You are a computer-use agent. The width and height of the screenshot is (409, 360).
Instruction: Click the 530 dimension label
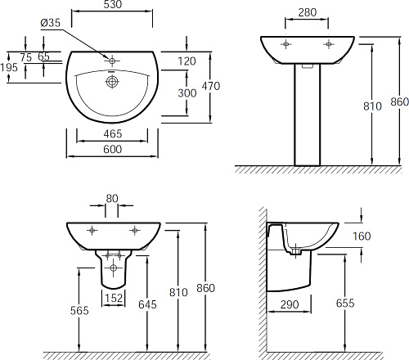[x=113, y=4]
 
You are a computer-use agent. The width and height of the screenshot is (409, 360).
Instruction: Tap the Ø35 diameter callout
[x=51, y=23]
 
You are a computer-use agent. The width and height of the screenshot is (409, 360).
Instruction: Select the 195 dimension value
[x=9, y=67]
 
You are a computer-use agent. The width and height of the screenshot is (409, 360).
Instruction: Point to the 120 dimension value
[x=187, y=61]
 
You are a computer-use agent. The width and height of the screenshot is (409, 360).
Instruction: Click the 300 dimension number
[x=187, y=93]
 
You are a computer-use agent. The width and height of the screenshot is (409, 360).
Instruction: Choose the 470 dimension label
[x=211, y=86]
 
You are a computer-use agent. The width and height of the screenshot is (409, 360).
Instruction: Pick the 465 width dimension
[x=113, y=134]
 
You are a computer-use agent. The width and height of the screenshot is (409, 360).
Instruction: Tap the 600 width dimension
[x=113, y=149]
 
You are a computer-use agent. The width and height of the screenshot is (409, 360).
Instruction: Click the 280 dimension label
[x=308, y=12]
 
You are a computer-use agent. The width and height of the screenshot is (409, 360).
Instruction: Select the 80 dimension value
[x=112, y=199]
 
